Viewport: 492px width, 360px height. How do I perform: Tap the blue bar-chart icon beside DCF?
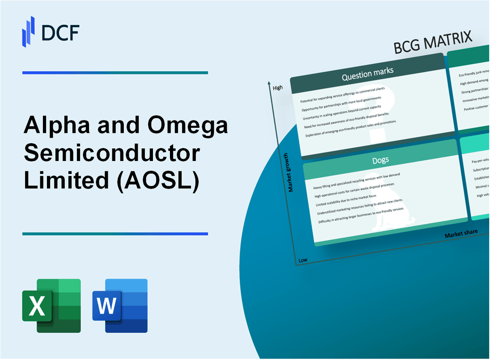(x=29, y=31)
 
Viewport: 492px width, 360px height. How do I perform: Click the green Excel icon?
(x=51, y=305)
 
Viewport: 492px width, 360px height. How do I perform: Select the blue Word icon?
(x=120, y=305)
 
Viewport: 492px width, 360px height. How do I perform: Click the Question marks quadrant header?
(x=368, y=74)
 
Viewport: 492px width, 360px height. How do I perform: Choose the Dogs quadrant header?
(x=381, y=160)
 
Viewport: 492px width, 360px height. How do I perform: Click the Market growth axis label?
(x=291, y=173)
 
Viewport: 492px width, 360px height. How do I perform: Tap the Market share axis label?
(x=461, y=233)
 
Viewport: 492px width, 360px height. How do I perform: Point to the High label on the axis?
(x=277, y=88)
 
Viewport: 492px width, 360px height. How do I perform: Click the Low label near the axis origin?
(x=302, y=260)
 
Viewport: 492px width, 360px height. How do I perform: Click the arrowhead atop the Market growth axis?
(x=269, y=83)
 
